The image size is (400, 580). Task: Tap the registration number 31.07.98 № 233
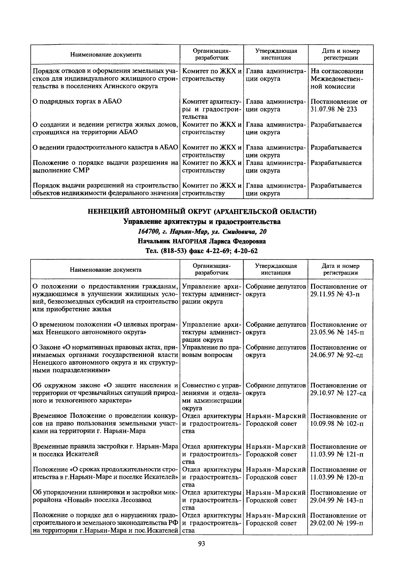[x=334, y=109]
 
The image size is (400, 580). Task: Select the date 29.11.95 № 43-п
[x=335, y=294]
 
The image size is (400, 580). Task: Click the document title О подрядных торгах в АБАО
[x=77, y=101]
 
